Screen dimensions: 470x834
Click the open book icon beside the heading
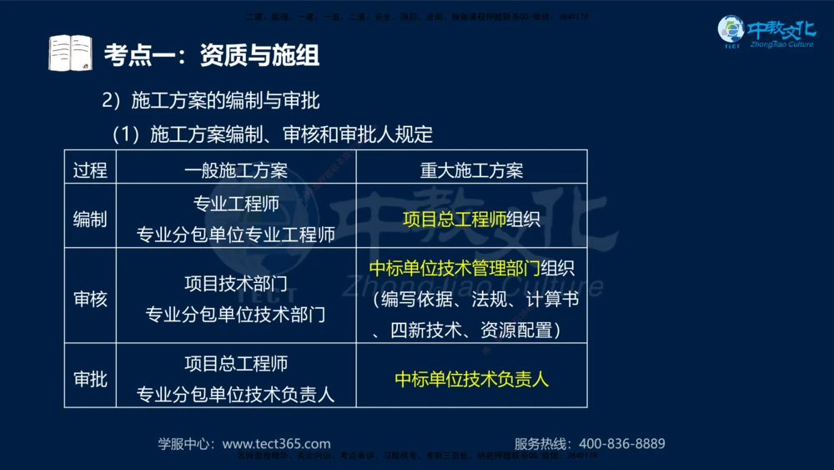click(69, 53)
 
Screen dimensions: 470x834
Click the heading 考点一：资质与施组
click(211, 55)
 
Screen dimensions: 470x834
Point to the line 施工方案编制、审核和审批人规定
click(291, 134)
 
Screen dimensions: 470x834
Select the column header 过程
click(90, 170)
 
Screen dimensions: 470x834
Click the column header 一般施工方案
click(236, 170)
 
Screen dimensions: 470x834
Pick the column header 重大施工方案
click(471, 170)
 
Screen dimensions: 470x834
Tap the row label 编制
click(90, 220)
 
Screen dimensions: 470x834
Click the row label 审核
click(90, 298)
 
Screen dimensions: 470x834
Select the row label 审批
click(90, 378)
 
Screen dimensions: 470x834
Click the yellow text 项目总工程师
click(455, 220)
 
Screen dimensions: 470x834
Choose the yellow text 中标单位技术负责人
click(471, 378)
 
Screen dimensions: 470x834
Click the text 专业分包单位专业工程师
click(236, 235)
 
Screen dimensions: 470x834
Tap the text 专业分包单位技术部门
click(236, 315)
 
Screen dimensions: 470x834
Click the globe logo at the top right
click(731, 30)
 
